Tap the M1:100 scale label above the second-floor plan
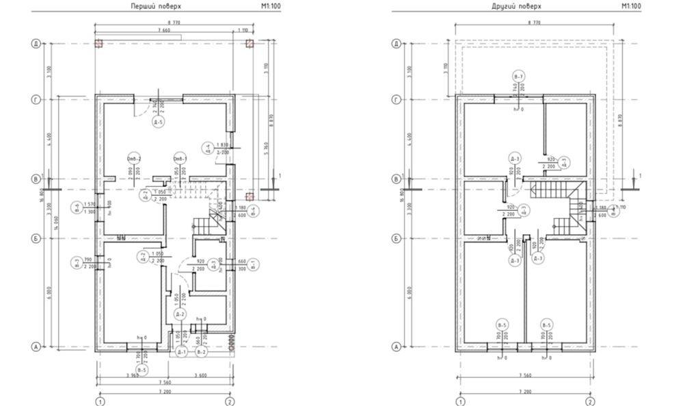(630, 6)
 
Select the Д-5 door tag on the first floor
(157, 123)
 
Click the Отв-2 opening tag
(133, 160)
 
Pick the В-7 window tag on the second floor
(519, 76)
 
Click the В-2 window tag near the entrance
(201, 352)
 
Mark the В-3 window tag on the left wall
(75, 262)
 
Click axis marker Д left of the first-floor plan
(34, 44)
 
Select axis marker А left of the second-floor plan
(395, 347)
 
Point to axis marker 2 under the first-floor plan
(230, 401)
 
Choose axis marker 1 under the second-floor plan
(461, 401)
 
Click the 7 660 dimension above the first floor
(163, 31)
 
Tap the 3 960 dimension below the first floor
(134, 374)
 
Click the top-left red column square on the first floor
(98, 44)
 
